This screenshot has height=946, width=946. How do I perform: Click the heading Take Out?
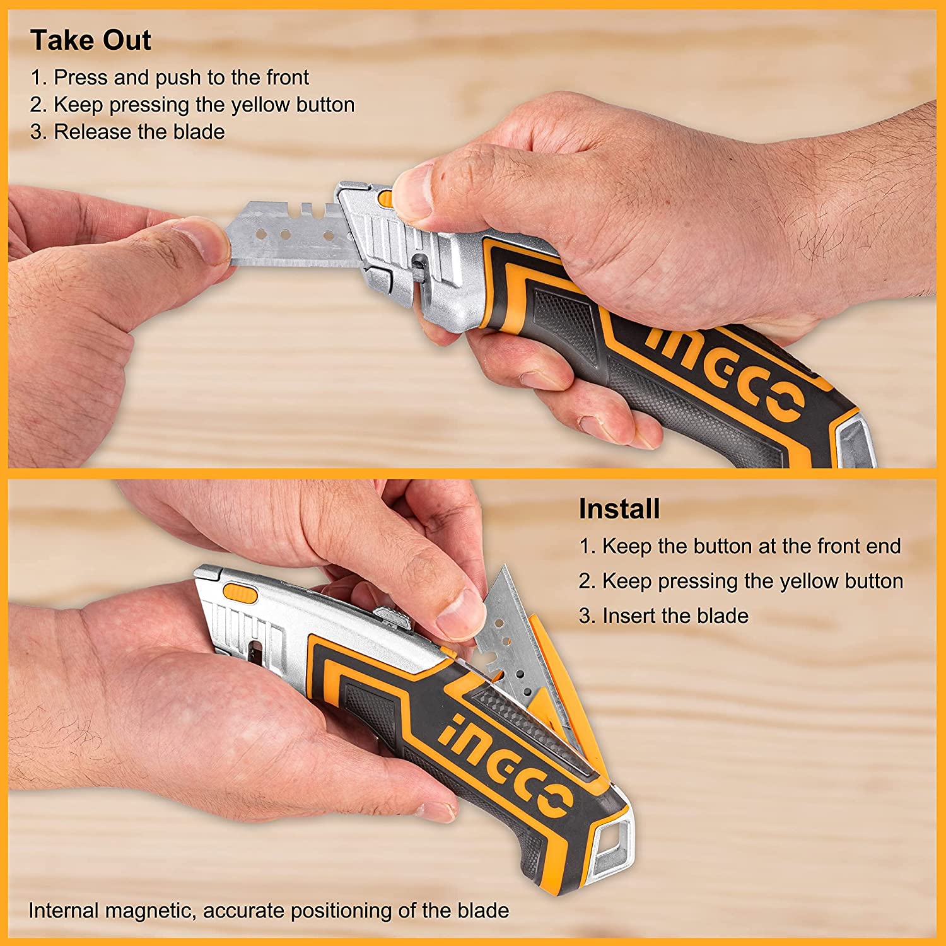pos(91,40)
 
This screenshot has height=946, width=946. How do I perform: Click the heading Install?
pos(619,509)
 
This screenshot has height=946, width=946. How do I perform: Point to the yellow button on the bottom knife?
pos(240,593)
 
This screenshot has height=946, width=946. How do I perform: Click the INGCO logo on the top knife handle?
pos(725,372)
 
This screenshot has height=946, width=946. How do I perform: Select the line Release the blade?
pos(128,132)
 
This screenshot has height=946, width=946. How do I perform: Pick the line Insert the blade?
pos(664,616)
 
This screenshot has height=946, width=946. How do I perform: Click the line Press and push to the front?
pos(170,78)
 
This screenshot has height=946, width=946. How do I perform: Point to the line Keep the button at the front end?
pos(740,546)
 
